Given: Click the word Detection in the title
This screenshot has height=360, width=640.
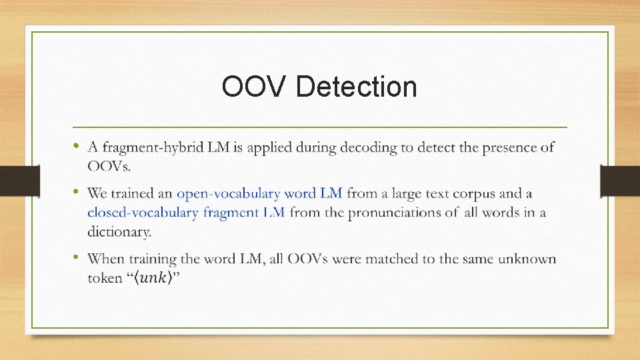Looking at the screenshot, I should point(356,87).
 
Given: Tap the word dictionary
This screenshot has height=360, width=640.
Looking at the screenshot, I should point(119,232).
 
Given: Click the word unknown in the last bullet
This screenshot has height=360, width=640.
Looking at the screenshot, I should point(525,258).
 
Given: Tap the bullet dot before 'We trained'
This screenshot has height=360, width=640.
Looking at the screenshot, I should point(77,192).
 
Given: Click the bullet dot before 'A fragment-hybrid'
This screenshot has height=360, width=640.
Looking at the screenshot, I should point(77,145).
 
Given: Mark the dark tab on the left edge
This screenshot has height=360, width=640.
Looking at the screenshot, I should point(19,181).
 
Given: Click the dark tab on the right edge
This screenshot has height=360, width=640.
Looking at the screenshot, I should point(620,181).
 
